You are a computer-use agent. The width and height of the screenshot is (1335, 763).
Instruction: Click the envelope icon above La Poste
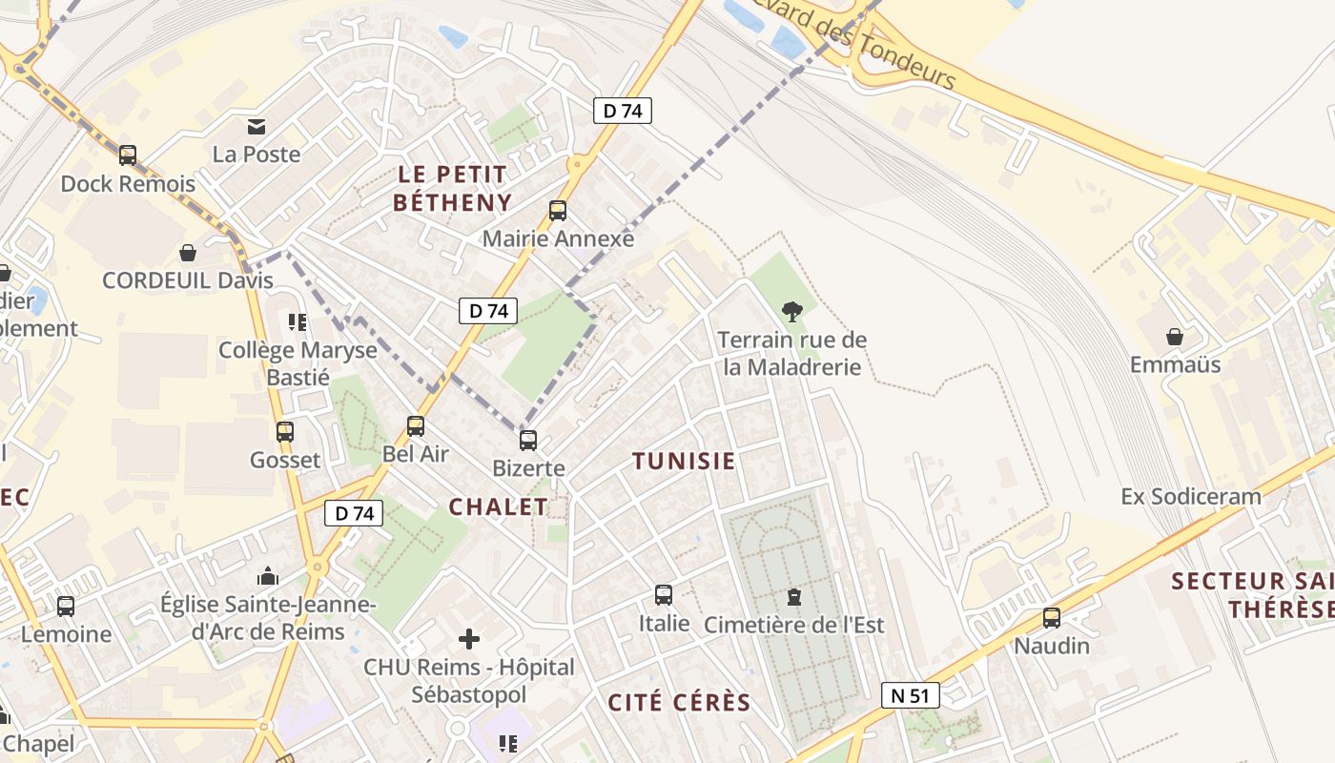[x=257, y=126]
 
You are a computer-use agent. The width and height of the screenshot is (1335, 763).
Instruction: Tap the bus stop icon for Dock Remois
[x=128, y=155]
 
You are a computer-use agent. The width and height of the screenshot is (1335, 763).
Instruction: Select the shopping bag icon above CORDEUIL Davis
[x=188, y=253]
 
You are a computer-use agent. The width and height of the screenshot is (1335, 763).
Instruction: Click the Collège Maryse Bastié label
[x=298, y=363]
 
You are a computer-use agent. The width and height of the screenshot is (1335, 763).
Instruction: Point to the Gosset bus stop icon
[x=285, y=431]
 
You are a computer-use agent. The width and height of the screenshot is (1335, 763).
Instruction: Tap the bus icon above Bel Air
[x=416, y=425]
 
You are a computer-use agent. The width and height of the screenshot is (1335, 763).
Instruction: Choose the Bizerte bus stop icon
[x=528, y=440]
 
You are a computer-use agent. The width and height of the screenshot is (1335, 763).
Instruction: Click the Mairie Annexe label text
[x=558, y=238]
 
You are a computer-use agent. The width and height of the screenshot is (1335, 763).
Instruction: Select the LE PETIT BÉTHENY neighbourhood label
[x=452, y=188]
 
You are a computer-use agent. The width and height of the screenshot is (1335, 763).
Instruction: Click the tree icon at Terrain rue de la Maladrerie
[x=791, y=311]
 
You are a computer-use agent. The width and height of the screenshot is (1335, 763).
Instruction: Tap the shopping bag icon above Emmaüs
[x=1175, y=337]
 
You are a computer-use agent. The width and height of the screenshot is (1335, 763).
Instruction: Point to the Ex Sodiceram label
[x=1191, y=496]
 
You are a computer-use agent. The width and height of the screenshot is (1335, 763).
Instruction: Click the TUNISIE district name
[x=684, y=462]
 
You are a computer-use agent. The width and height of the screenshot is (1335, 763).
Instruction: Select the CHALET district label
[x=499, y=507]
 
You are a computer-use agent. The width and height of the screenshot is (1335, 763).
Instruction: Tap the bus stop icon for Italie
[x=664, y=595]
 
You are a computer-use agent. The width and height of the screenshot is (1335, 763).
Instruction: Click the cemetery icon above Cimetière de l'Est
[x=793, y=597]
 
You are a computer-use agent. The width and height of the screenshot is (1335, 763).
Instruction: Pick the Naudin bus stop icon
[x=1052, y=618]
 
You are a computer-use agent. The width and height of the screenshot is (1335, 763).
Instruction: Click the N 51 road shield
[x=910, y=695]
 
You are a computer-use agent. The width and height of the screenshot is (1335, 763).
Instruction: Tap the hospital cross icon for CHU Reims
[x=468, y=639]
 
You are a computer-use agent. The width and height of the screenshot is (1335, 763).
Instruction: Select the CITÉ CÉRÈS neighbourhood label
[x=680, y=703]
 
